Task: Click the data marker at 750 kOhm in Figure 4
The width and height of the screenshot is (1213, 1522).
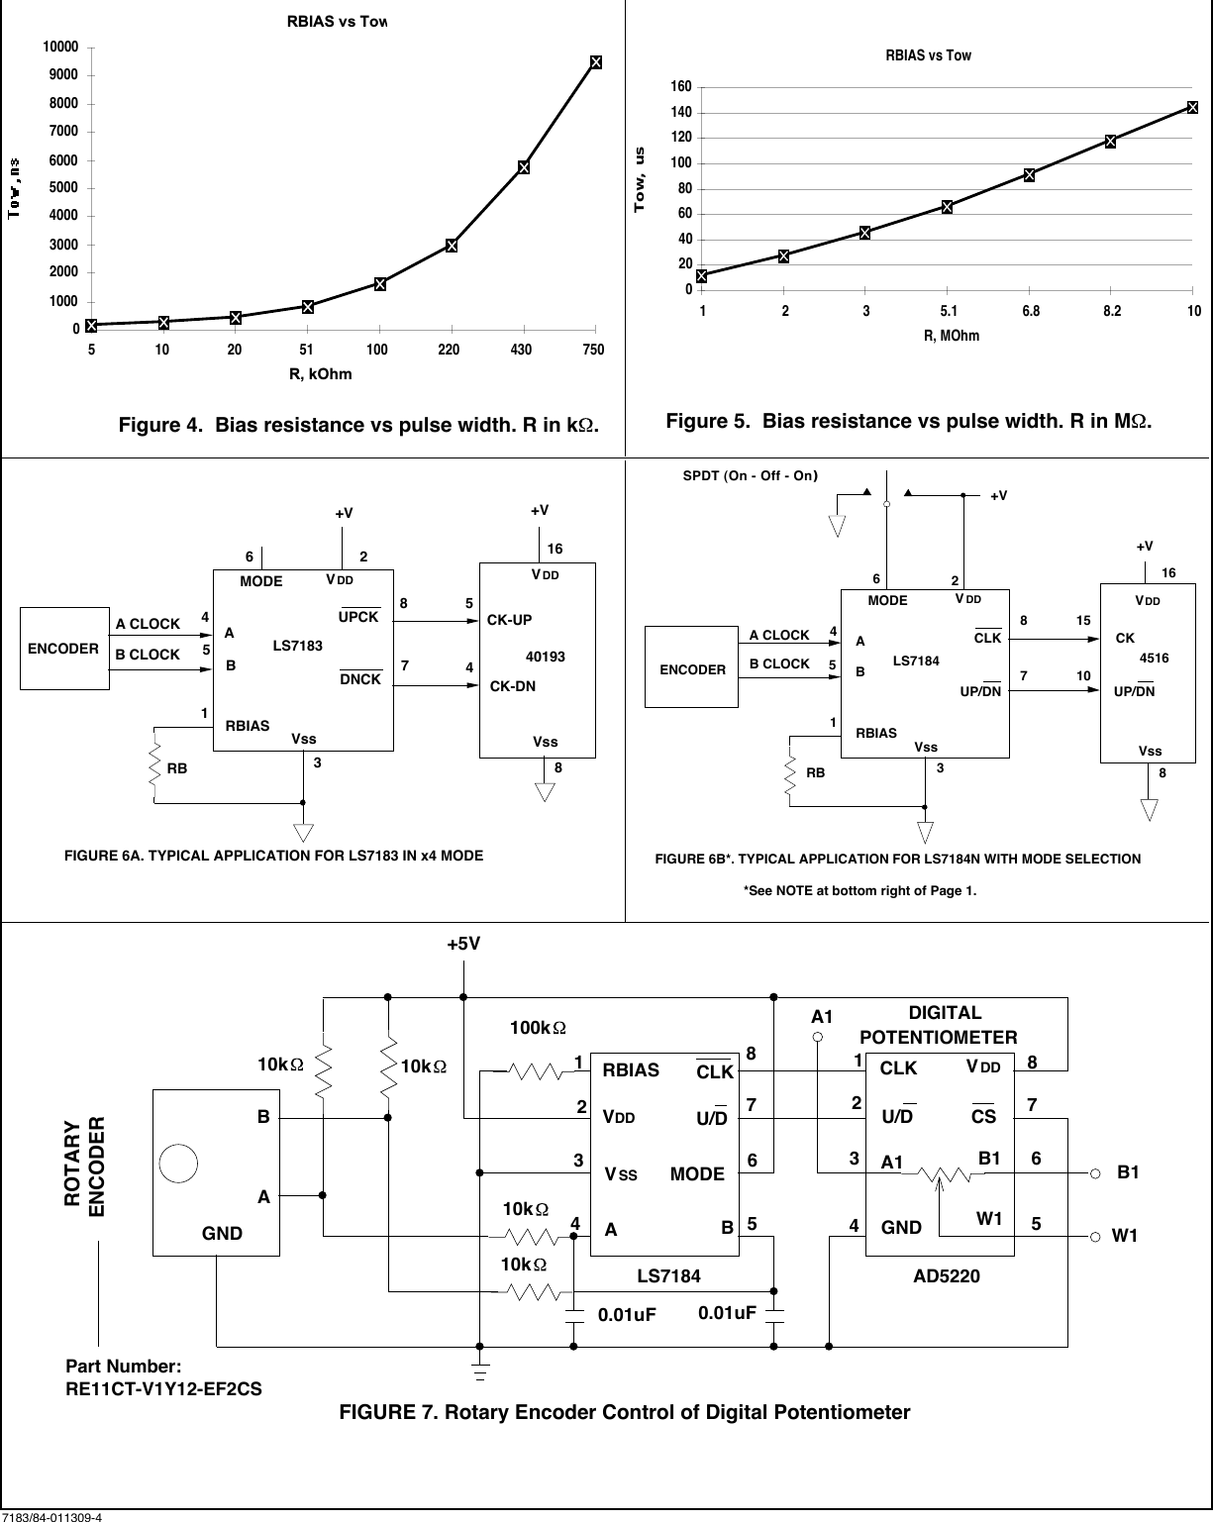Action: [596, 62]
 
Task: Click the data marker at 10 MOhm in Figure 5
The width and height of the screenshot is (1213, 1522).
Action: [1192, 107]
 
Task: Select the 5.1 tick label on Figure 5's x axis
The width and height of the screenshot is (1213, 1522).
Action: [948, 312]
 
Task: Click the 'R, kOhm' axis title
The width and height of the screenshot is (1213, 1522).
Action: [320, 374]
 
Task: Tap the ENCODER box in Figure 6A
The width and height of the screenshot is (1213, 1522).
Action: [63, 649]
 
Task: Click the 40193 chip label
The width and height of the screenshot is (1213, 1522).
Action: [544, 657]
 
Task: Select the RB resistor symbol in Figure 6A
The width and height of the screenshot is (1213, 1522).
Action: [154, 764]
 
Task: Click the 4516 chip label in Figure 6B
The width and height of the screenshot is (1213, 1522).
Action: [1154, 657]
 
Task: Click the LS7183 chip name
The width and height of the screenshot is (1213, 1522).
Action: [297, 646]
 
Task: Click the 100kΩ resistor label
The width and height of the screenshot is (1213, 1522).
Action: [538, 1029]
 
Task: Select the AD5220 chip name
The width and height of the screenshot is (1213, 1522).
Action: [946, 1276]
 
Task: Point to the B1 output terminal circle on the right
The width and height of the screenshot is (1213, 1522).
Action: [1095, 1173]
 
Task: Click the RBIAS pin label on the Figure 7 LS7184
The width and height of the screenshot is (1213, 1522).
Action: [630, 1069]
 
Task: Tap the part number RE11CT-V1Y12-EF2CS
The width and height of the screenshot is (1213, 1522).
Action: [163, 1389]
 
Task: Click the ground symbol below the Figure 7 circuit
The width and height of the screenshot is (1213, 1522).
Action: [480, 1372]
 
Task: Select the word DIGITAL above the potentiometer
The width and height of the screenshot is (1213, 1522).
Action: [945, 1013]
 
